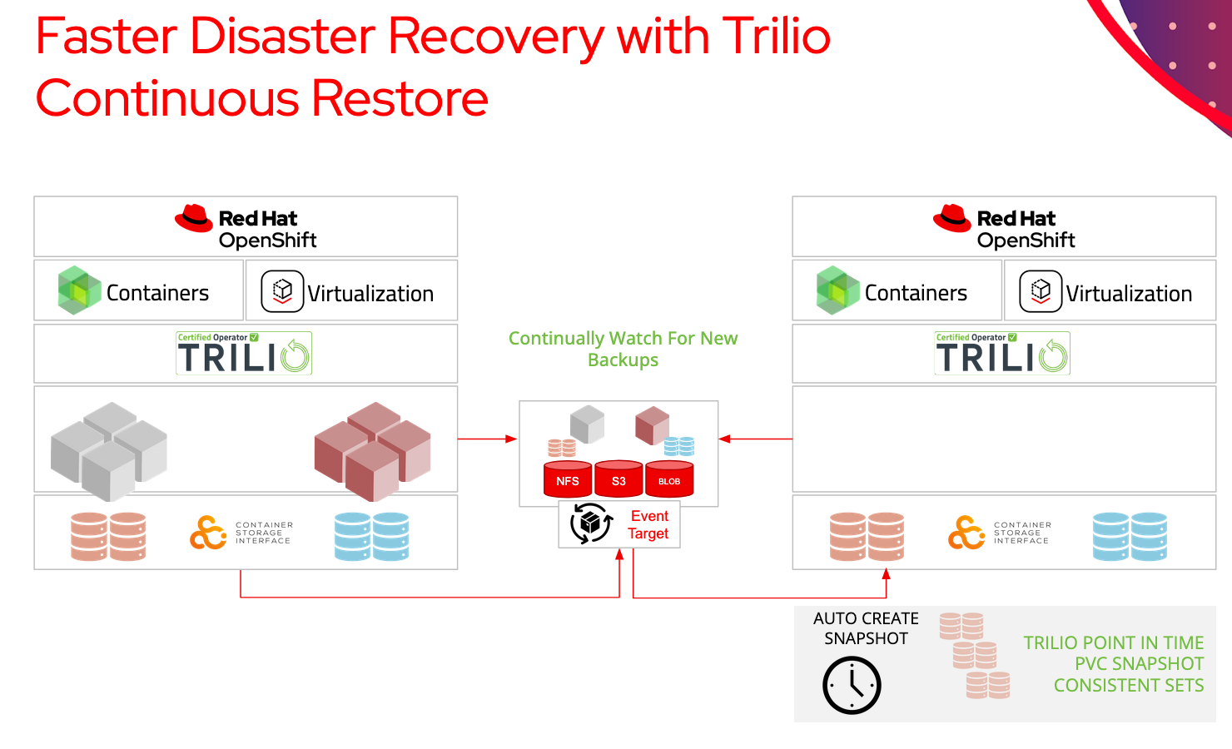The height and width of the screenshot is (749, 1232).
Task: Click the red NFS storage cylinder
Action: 568,479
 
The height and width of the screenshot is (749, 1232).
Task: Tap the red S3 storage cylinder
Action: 618,479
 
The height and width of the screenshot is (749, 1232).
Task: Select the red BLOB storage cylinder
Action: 669,479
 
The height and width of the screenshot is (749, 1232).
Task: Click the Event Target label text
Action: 648,525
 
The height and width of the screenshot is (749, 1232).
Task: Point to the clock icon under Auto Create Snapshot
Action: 852,685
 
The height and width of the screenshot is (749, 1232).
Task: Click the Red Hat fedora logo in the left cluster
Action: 194,219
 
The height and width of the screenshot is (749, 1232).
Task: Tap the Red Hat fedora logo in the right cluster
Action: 952,219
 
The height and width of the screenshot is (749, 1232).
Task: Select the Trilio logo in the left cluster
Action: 244,354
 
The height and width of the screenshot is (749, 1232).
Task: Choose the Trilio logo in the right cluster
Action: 1002,354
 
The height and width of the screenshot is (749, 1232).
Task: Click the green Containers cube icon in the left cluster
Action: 79,290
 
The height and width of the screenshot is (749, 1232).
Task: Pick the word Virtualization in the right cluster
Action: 1129,294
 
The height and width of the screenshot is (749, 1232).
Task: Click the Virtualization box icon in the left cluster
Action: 282,291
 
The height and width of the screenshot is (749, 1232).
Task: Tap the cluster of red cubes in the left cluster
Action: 372,451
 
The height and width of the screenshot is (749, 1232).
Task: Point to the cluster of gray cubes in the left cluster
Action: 109,451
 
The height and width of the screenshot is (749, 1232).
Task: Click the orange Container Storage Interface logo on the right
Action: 966,533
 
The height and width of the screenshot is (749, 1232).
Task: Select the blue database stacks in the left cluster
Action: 371,536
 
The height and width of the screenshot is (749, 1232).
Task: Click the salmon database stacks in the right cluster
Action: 867,536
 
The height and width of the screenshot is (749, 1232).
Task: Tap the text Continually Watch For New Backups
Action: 623,349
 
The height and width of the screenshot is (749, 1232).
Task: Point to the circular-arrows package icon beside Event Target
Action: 591,523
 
